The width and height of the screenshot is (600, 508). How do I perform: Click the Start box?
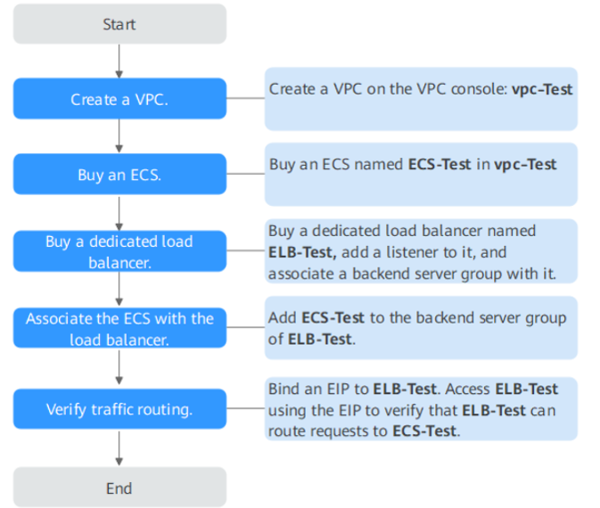pyautogui.click(x=119, y=24)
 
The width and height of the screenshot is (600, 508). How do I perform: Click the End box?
pyautogui.click(x=119, y=488)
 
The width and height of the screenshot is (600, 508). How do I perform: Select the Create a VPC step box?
pyautogui.click(x=119, y=99)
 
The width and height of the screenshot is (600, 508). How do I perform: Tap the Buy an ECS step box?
pyautogui.click(x=119, y=175)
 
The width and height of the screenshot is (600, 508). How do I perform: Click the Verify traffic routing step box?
pyautogui.click(x=119, y=410)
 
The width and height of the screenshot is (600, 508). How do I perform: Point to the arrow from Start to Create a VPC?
pyautogui.click(x=119, y=61)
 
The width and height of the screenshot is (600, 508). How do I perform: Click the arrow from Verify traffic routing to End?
pyautogui.click(x=119, y=449)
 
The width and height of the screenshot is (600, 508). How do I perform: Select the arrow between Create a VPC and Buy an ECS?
pyautogui.click(x=119, y=136)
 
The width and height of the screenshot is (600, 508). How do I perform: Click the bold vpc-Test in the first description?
pyautogui.click(x=542, y=89)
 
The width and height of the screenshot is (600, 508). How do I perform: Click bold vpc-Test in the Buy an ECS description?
pyautogui.click(x=526, y=165)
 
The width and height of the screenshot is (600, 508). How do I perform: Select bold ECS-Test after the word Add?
pyautogui.click(x=333, y=317)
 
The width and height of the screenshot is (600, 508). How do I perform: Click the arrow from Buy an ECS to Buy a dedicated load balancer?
pyautogui.click(x=119, y=213)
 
